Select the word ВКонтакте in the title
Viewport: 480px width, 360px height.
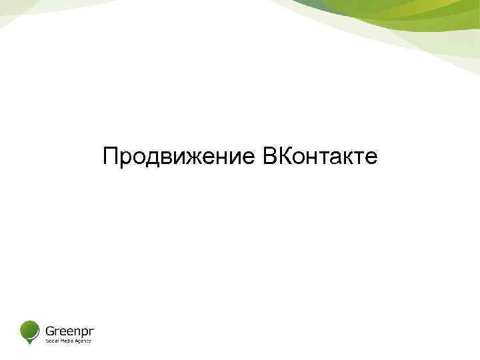[319, 157]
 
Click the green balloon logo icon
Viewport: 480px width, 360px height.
[29, 329]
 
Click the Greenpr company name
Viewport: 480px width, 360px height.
[69, 329]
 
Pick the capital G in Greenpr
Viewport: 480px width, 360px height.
[50, 329]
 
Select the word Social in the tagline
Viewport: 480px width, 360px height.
[51, 341]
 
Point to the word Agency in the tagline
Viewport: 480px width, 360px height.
[82, 341]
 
